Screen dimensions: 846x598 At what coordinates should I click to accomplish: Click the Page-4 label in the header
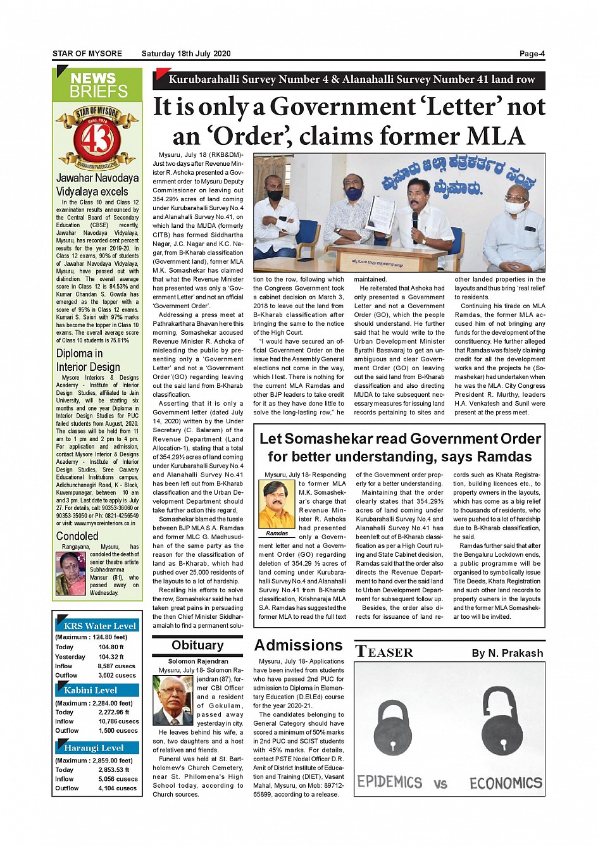pyautogui.click(x=532, y=54)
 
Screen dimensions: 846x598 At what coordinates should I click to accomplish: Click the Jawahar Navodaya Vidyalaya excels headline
pyautogui.click(x=97, y=185)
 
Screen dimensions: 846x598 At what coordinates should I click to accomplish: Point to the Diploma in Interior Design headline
pyautogui.click(x=88, y=360)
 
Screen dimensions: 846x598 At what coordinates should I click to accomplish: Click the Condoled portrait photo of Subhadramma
pyautogui.click(x=71, y=573)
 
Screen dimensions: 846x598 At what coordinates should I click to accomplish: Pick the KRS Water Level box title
pyautogui.click(x=100, y=626)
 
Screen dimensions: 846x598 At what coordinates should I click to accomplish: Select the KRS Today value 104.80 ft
pyautogui.click(x=111, y=647)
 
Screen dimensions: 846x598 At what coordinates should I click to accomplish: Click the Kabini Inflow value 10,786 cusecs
pyautogui.click(x=118, y=721)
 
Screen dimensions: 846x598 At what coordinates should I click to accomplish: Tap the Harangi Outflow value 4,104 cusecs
pyautogui.click(x=117, y=788)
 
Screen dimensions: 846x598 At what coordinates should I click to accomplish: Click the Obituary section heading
pyautogui.click(x=197, y=645)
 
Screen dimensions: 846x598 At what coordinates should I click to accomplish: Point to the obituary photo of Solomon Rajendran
pyautogui.click(x=173, y=700)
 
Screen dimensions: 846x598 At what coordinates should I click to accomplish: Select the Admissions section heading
pyautogui.click(x=298, y=645)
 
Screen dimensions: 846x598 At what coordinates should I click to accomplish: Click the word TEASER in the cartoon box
pyautogui.click(x=384, y=652)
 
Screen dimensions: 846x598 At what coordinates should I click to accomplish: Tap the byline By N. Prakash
pyautogui.click(x=507, y=653)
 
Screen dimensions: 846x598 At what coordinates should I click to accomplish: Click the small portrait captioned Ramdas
pyautogui.click(x=277, y=505)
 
